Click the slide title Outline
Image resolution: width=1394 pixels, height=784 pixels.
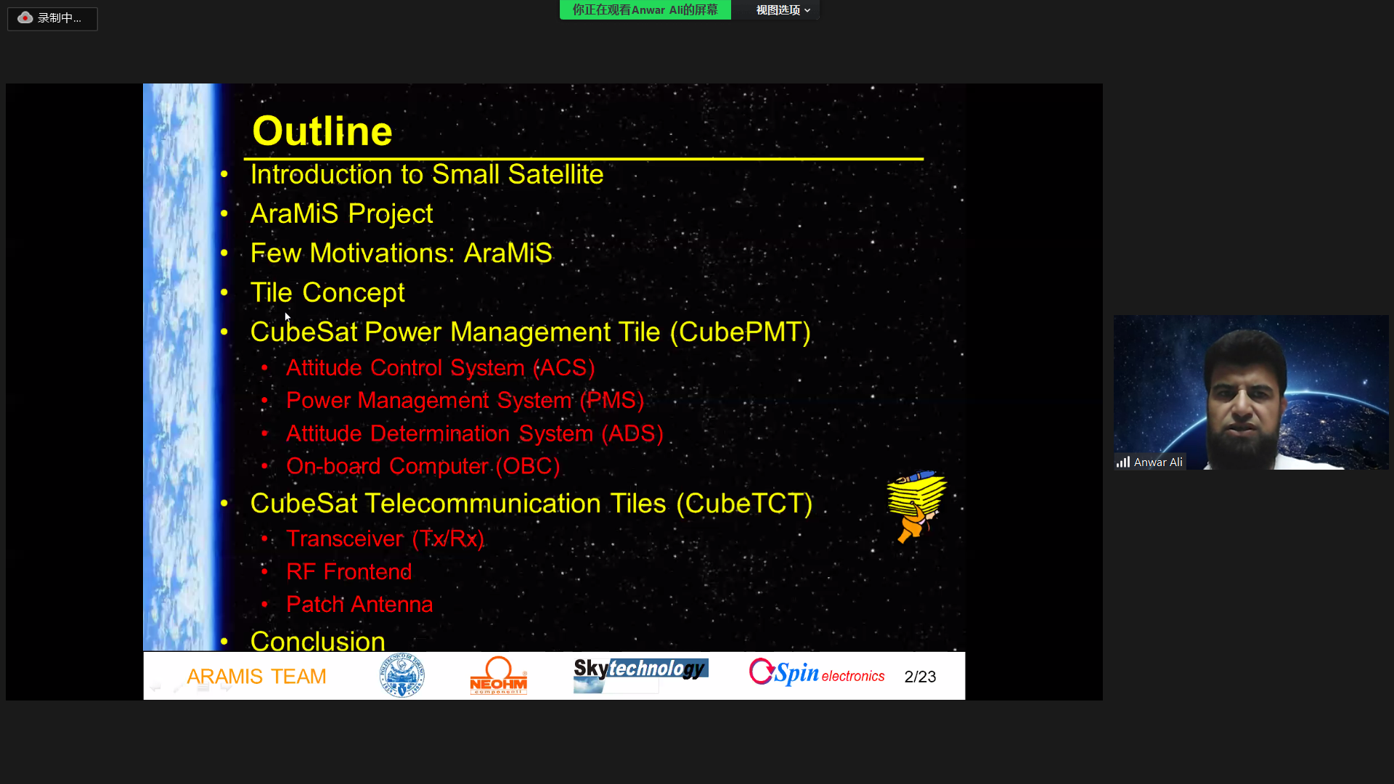(322, 131)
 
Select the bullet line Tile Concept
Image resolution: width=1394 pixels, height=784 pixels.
(327, 293)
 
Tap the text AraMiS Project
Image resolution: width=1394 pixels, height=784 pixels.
(341, 213)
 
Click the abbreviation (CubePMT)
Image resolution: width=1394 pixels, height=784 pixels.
(741, 332)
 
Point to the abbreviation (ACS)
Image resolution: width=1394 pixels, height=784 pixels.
(565, 368)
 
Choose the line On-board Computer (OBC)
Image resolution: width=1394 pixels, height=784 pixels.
(423, 466)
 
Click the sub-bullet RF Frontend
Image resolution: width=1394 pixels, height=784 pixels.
(348, 572)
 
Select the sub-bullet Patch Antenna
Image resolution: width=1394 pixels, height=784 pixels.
(359, 605)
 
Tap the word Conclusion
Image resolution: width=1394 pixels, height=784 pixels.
(318, 641)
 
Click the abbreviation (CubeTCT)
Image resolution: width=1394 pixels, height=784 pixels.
(744, 504)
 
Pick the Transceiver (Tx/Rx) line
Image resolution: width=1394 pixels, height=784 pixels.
(385, 539)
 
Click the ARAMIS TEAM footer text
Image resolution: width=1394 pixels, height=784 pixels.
(256, 677)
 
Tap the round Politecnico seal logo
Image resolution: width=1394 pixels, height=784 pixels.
(402, 676)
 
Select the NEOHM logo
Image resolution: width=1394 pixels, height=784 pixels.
(498, 676)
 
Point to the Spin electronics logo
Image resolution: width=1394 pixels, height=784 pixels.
(817, 672)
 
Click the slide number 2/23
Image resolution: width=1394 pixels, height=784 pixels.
(920, 677)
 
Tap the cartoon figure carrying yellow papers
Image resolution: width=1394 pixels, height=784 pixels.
(916, 507)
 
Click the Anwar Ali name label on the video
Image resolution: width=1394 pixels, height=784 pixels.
(1157, 462)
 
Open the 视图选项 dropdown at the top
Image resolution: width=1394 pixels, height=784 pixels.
(783, 10)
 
